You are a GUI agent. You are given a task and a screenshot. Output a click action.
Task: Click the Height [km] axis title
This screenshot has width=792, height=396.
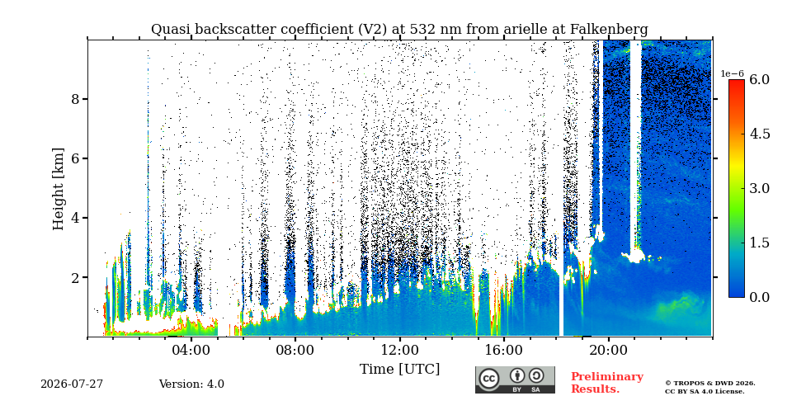59,189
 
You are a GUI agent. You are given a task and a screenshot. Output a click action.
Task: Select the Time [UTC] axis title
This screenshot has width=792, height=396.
399,370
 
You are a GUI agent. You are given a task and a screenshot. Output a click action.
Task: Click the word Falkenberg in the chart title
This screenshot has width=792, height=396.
609,30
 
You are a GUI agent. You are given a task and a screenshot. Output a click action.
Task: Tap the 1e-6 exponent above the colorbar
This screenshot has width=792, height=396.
733,73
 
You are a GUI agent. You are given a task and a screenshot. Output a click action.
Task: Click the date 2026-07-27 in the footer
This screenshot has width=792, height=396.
72,384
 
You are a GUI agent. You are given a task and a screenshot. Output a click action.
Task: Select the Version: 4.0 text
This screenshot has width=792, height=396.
191,384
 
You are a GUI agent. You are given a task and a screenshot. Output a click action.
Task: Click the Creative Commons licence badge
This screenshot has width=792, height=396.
515,379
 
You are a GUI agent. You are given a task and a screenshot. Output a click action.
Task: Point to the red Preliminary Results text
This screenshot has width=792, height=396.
607,383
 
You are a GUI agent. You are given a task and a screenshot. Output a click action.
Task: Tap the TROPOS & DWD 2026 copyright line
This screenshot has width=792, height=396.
710,384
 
